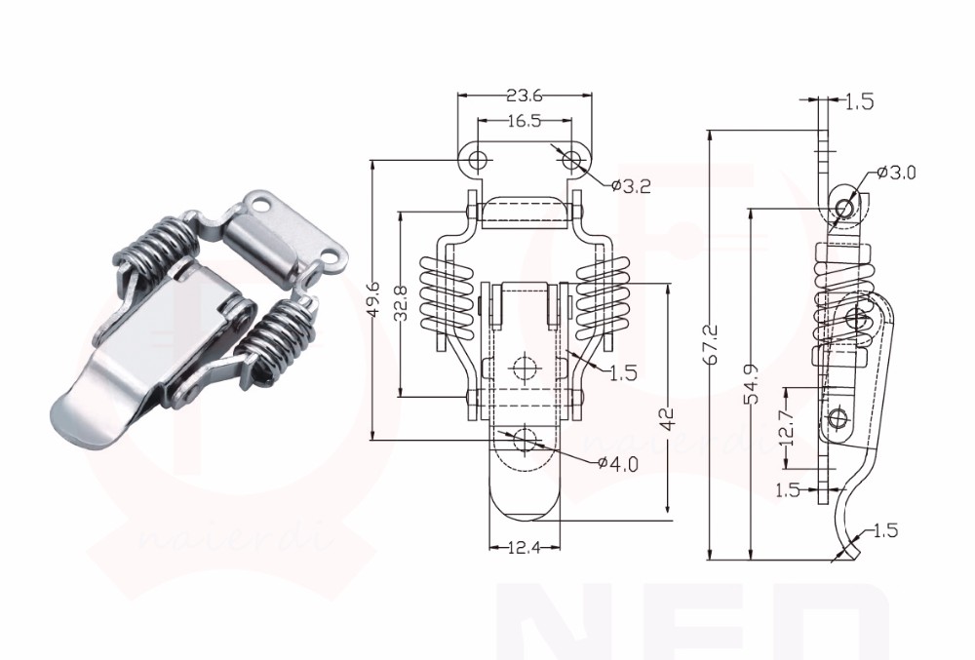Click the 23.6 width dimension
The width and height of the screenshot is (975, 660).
point(524,96)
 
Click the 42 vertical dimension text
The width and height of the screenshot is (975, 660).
point(667,419)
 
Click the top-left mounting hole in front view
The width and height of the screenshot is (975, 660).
point(477,159)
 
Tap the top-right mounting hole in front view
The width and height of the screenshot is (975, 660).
point(570,159)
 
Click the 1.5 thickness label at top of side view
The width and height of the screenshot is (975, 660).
point(859,102)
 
